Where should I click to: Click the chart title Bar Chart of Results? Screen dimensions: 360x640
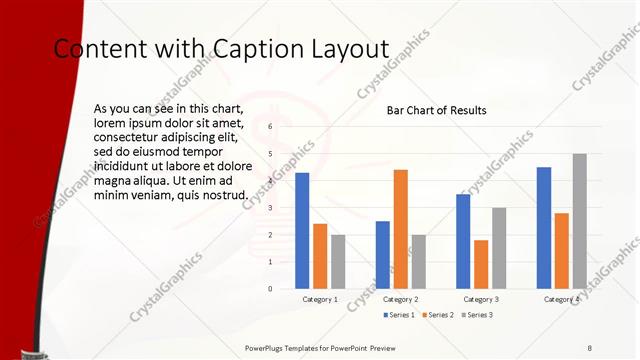coord(437,110)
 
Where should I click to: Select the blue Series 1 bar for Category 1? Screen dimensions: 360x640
coord(302,231)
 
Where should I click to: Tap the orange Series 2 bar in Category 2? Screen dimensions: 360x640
coord(400,229)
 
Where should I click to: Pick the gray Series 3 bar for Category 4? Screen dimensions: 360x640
coord(579,221)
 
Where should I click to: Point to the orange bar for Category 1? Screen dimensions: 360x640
coord(320,256)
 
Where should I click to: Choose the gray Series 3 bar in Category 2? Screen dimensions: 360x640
coord(418,261)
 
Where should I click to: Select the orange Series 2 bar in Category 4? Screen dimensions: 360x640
coord(561,250)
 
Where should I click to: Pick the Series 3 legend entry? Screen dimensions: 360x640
coord(477,315)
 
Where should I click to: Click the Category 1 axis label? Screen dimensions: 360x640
coord(320,299)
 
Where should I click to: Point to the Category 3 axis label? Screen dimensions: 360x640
coord(481,299)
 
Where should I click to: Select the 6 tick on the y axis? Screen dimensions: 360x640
coord(270,127)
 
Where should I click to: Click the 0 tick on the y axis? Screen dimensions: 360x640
coord(270,289)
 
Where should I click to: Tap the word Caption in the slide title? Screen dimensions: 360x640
coord(256,48)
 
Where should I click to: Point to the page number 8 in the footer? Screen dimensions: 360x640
coord(590,347)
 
